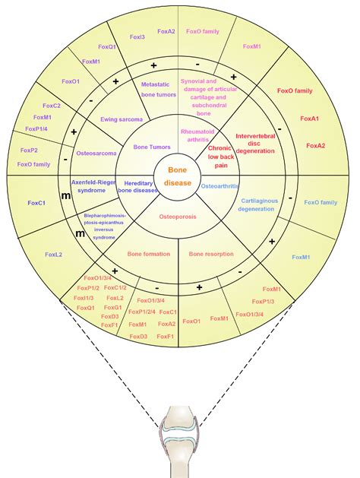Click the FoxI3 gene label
137,36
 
